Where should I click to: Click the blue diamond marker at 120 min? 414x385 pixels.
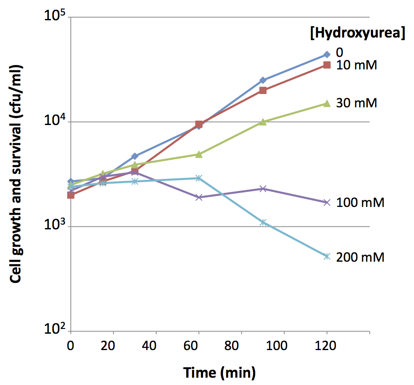coord(327,54)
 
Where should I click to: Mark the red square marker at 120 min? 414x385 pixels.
coord(327,65)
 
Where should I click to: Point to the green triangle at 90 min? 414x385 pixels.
coord(263,122)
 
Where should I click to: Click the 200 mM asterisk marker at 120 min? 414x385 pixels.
coord(327,257)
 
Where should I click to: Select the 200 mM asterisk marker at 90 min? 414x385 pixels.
coord(263,222)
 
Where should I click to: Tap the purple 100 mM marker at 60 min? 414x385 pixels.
coord(199,197)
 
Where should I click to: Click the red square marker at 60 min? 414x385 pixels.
coord(199,125)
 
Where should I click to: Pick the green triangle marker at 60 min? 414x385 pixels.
coord(199,154)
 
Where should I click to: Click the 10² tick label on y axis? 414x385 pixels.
coord(54,331)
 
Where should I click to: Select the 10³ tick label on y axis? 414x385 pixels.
coord(54,227)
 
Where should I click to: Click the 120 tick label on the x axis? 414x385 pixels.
coord(326,346)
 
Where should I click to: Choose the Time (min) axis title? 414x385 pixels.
coord(220,372)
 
